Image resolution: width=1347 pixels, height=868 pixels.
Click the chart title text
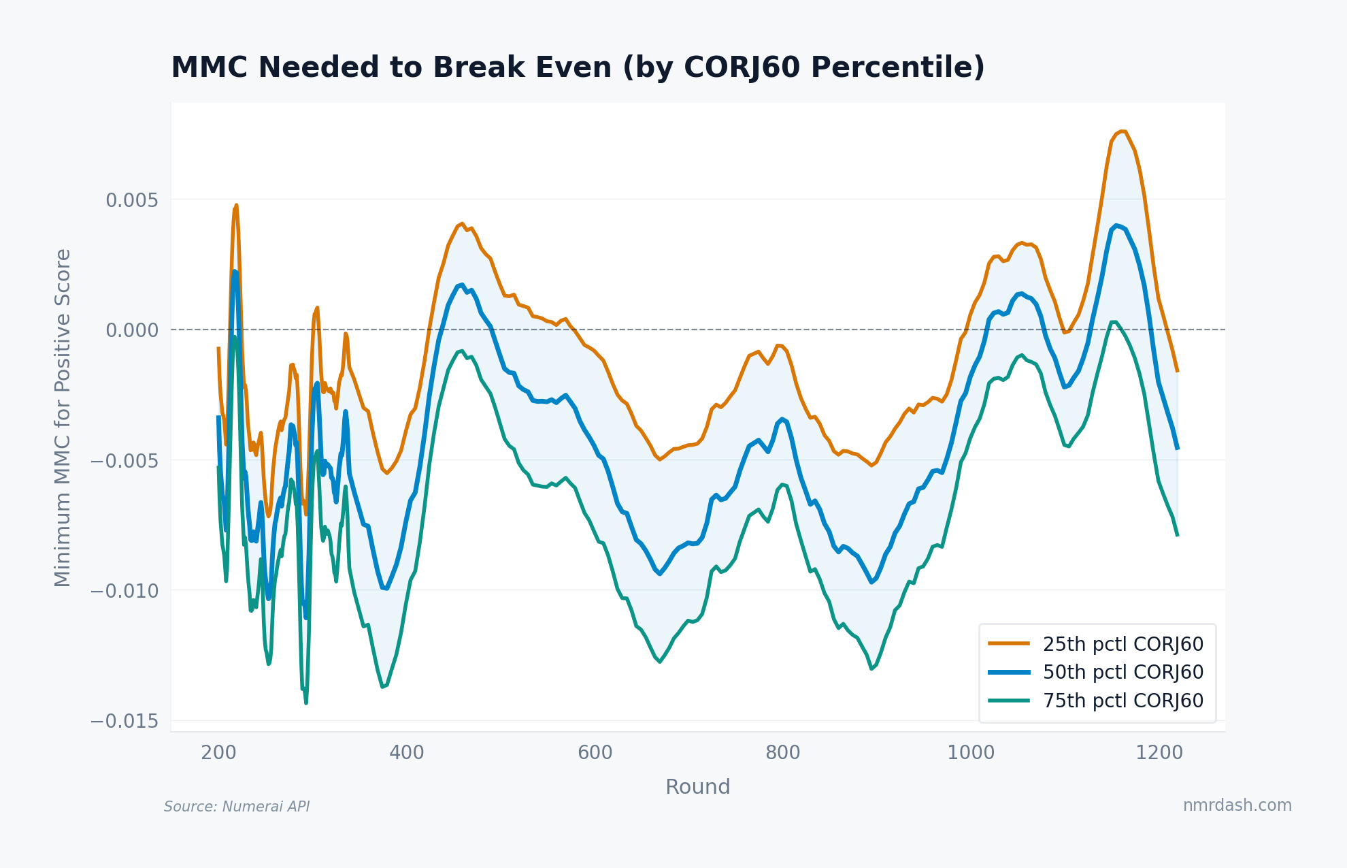(x=578, y=67)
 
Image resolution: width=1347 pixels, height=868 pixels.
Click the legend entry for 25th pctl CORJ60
(x=1122, y=644)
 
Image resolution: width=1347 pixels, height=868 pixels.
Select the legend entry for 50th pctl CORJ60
(x=1122, y=672)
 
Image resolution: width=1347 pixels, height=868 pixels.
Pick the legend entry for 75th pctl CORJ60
(x=1122, y=701)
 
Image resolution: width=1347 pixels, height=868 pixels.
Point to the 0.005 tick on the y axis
(x=132, y=200)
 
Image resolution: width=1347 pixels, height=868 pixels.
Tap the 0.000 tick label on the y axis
(x=132, y=330)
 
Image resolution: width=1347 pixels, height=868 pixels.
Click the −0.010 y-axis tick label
(x=124, y=591)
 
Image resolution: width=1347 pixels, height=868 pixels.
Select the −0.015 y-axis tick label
(x=124, y=721)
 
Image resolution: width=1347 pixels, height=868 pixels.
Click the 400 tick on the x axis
(x=407, y=753)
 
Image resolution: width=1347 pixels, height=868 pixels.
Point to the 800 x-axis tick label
(x=783, y=753)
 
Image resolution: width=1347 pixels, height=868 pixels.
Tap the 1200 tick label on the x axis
(x=1159, y=753)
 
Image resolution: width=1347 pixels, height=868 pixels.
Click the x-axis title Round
(x=697, y=787)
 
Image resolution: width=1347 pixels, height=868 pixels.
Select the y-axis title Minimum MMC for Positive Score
(x=63, y=417)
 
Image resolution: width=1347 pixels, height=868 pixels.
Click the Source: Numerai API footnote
(x=237, y=807)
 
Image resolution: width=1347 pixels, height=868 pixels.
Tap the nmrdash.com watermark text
(x=1237, y=805)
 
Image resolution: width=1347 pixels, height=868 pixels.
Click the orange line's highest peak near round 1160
(x=1122, y=131)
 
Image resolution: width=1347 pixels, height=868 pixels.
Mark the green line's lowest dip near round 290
(x=306, y=703)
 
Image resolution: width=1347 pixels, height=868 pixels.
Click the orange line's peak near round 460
(x=462, y=223)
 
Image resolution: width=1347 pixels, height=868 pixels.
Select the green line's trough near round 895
(x=871, y=669)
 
